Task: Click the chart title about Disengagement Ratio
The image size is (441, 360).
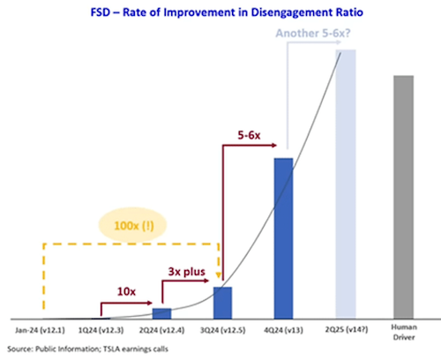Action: pos(227,12)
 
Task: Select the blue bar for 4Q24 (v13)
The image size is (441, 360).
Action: pos(283,238)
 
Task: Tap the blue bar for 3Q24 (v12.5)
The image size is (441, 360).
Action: pos(222,303)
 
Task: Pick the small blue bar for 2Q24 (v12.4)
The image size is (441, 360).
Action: pos(161,313)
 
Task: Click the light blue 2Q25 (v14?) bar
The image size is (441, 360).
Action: pos(346,184)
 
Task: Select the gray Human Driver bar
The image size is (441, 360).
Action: pos(404,198)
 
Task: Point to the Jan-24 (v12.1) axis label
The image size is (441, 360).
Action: pos(40,330)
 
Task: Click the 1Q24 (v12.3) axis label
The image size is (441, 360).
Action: pos(101,330)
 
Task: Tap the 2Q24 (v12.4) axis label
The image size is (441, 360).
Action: pos(161,330)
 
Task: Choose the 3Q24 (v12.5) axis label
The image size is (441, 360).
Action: pos(223,330)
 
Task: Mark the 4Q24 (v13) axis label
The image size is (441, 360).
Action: pos(283,330)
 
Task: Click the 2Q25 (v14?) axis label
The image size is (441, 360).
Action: pos(347,330)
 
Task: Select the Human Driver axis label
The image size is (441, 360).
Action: pos(404,332)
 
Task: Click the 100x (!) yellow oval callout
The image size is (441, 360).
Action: pos(132,225)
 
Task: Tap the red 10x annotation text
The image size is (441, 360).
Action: pos(126,291)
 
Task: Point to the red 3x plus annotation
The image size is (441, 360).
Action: pos(187,272)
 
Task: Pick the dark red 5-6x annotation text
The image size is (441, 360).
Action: pos(249,135)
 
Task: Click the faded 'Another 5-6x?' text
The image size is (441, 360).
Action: pos(313,33)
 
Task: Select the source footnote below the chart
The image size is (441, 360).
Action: pos(87,349)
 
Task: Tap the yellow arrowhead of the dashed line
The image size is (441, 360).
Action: pos(219,275)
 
